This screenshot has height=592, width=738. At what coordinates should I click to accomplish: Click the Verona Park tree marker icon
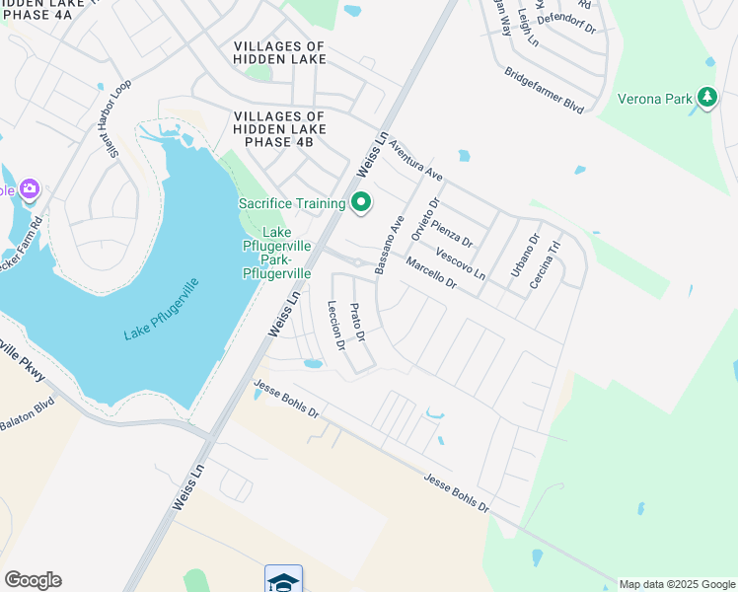tap(706, 97)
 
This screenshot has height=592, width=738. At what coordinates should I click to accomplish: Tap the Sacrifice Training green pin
tap(361, 203)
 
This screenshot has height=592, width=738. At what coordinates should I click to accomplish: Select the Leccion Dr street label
tap(335, 326)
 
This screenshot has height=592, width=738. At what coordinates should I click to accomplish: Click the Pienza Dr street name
tap(453, 234)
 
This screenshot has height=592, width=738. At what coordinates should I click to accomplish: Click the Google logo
tap(33, 580)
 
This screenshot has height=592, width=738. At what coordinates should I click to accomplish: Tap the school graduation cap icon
tap(283, 580)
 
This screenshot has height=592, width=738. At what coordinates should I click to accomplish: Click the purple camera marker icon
tap(29, 188)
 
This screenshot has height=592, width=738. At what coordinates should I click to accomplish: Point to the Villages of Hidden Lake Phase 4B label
tap(279, 128)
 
